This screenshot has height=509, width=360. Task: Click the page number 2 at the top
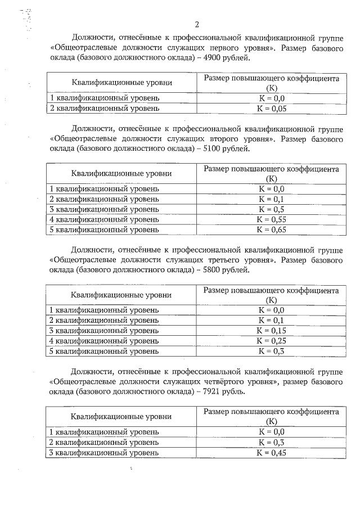click(196, 24)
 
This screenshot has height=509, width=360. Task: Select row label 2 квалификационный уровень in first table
click(105, 107)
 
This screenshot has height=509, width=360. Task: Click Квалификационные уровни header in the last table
click(121, 417)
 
